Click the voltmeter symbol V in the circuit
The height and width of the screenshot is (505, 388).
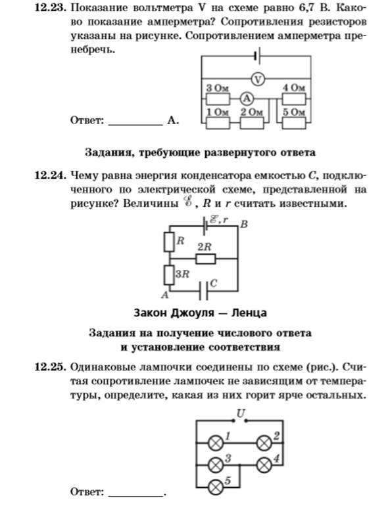pyautogui.click(x=258, y=79)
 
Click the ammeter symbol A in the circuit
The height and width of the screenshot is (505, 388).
pyautogui.click(x=247, y=99)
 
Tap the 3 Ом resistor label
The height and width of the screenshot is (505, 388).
pyautogui.click(x=218, y=88)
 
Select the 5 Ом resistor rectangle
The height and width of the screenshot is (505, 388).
pyautogui.click(x=294, y=123)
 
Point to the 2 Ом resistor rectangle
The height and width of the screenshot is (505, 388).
pyautogui.click(x=252, y=123)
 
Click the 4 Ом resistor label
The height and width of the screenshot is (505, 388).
pyautogui.click(x=294, y=88)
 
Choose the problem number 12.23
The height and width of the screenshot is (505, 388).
pyautogui.click(x=51, y=8)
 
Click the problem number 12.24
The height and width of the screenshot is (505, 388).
pyautogui.click(x=51, y=175)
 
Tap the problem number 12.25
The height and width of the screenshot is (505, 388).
pyautogui.click(x=51, y=367)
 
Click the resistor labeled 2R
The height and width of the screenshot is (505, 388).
pyautogui.click(x=206, y=259)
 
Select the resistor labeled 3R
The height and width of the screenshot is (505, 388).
pyautogui.click(x=169, y=274)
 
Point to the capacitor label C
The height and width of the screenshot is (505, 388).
pyautogui.click(x=214, y=284)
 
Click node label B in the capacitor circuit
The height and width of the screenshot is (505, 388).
pyautogui.click(x=244, y=224)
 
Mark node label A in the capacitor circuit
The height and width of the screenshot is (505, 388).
pyautogui.click(x=165, y=295)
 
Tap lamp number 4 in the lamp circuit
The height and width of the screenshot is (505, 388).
pyautogui.click(x=264, y=465)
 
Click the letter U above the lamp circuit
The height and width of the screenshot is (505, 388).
pyautogui.click(x=241, y=413)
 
